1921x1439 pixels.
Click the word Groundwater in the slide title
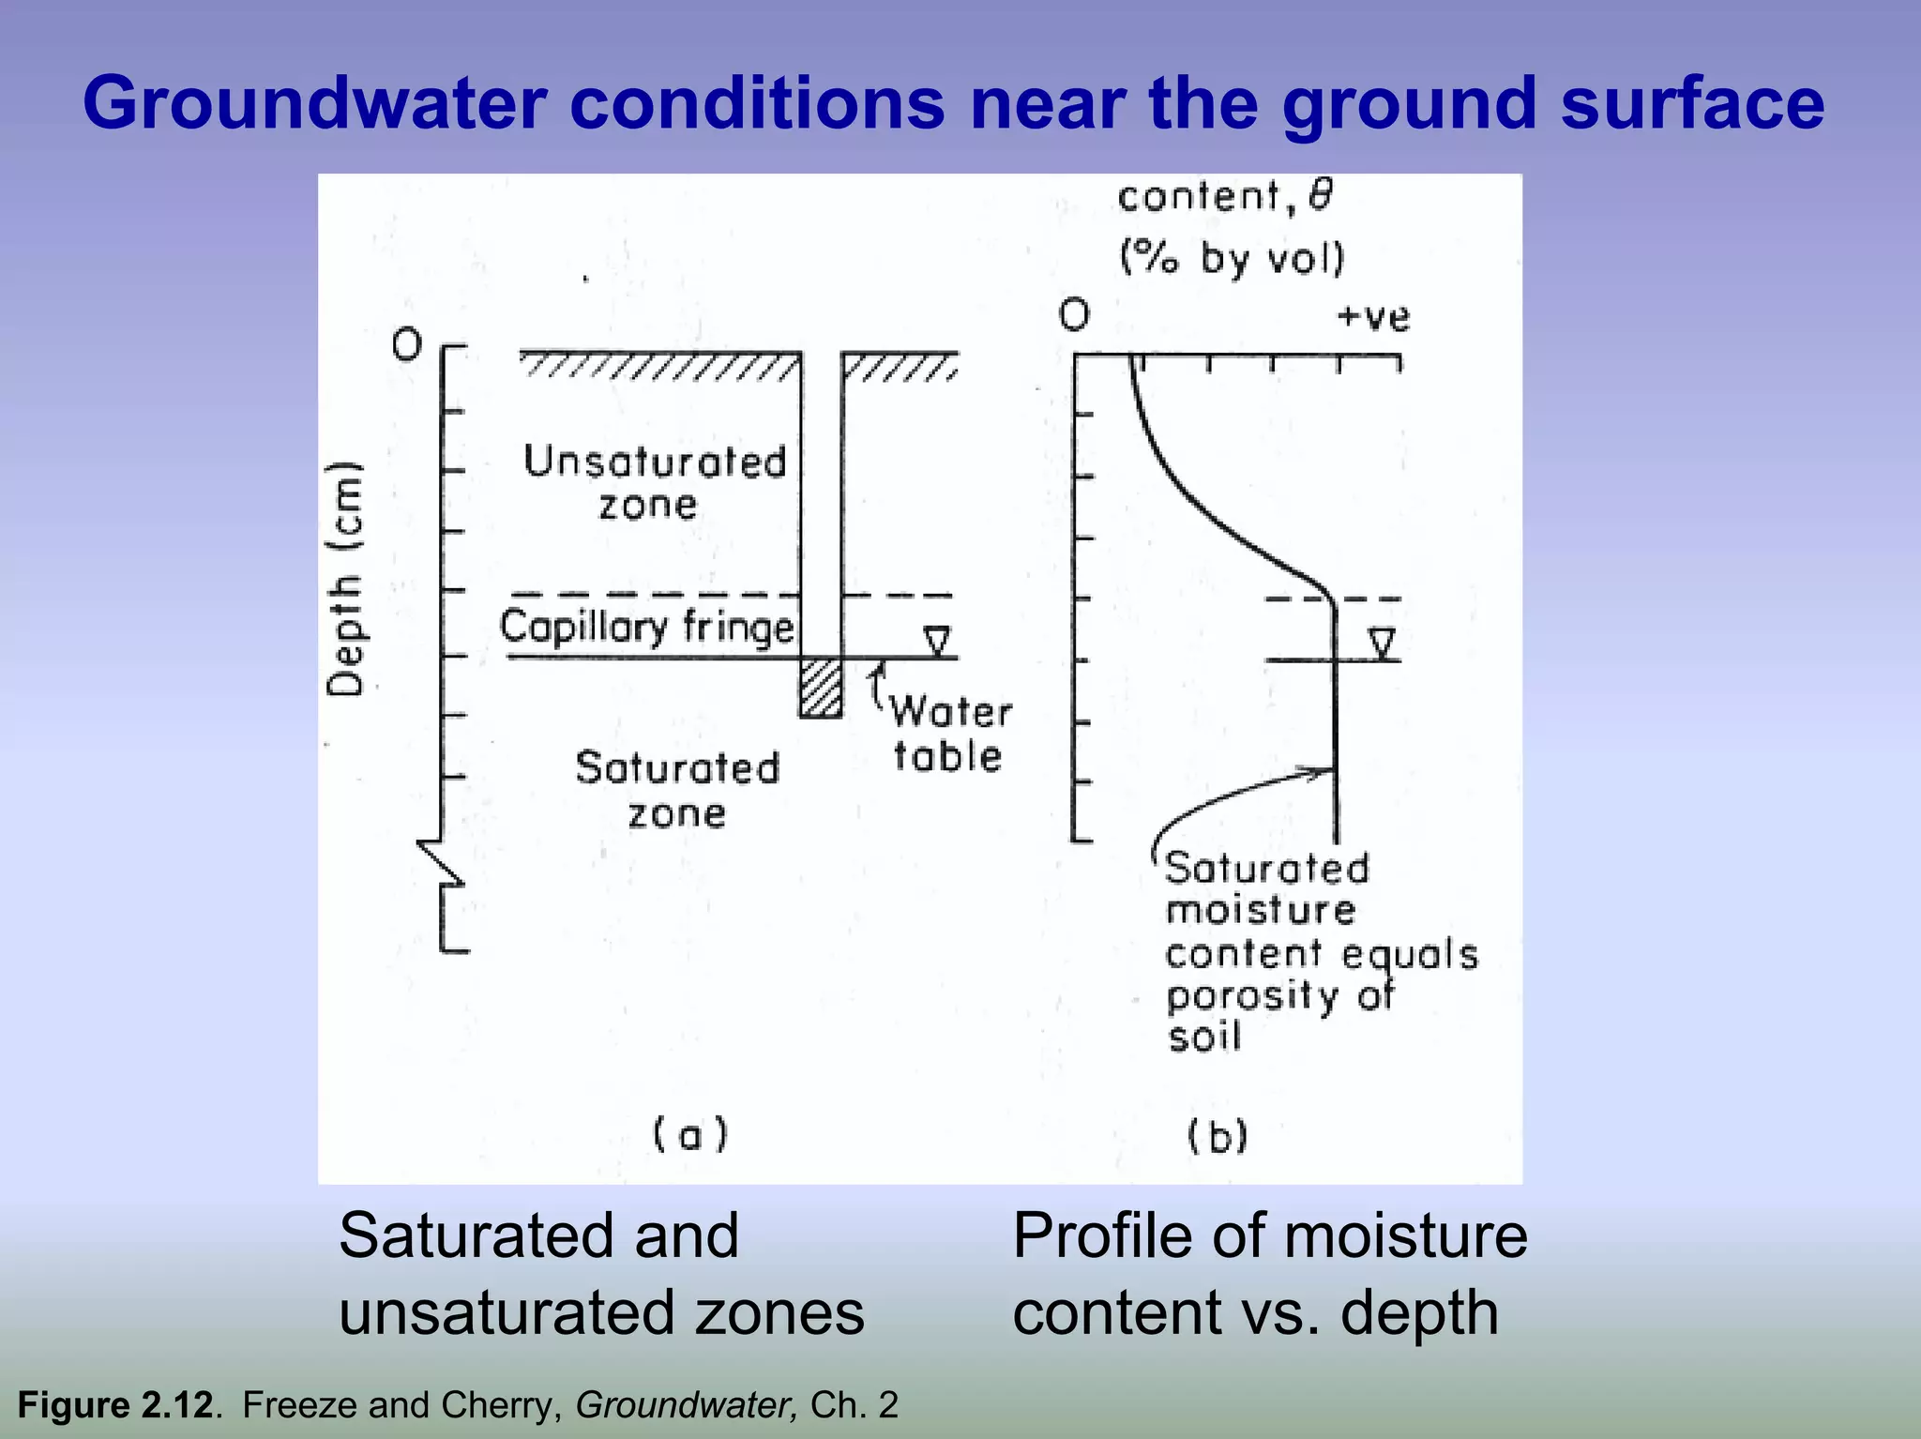coord(314,103)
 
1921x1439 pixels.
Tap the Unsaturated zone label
coord(654,483)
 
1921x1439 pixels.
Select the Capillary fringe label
coord(646,627)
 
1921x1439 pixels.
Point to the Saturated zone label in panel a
coord(676,790)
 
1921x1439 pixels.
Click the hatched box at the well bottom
coord(821,688)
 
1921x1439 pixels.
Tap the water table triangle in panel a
coord(937,642)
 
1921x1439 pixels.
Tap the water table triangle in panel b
coord(1381,644)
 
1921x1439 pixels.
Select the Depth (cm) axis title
coord(345,579)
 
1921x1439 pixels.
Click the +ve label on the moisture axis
coord(1373,317)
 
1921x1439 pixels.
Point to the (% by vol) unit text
coord(1233,257)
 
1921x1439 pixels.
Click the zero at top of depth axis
coord(407,346)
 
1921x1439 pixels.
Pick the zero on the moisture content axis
coord(1075,314)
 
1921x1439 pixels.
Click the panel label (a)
coord(690,1135)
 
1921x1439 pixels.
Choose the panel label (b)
coord(1218,1137)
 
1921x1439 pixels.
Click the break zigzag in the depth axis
coord(441,863)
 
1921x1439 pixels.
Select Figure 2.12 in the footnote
coord(114,1405)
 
